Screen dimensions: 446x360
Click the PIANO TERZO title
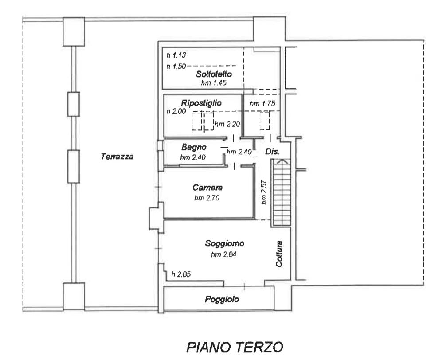coord(235,347)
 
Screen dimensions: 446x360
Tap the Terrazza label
coord(117,157)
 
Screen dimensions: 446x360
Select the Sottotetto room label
coord(214,74)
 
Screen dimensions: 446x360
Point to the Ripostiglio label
coord(201,103)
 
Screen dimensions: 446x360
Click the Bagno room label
coord(194,147)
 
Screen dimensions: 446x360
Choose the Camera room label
coord(207,188)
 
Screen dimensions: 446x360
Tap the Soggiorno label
coord(224,243)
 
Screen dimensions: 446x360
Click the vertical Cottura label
coord(279,253)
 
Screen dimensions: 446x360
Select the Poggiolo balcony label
coord(222,299)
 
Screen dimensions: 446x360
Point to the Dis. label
coord(272,152)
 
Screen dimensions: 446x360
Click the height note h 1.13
coord(176,55)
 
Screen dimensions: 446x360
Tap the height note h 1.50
coord(176,66)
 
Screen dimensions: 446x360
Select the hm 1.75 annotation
coord(262,103)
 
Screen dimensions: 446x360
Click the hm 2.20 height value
coord(227,124)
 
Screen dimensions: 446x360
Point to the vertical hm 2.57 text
coord(264,192)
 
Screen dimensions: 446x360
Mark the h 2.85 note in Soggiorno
coord(181,274)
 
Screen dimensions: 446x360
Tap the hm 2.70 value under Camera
coord(207,198)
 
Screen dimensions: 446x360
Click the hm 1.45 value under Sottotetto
coord(214,83)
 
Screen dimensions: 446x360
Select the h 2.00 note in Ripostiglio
coord(176,111)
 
